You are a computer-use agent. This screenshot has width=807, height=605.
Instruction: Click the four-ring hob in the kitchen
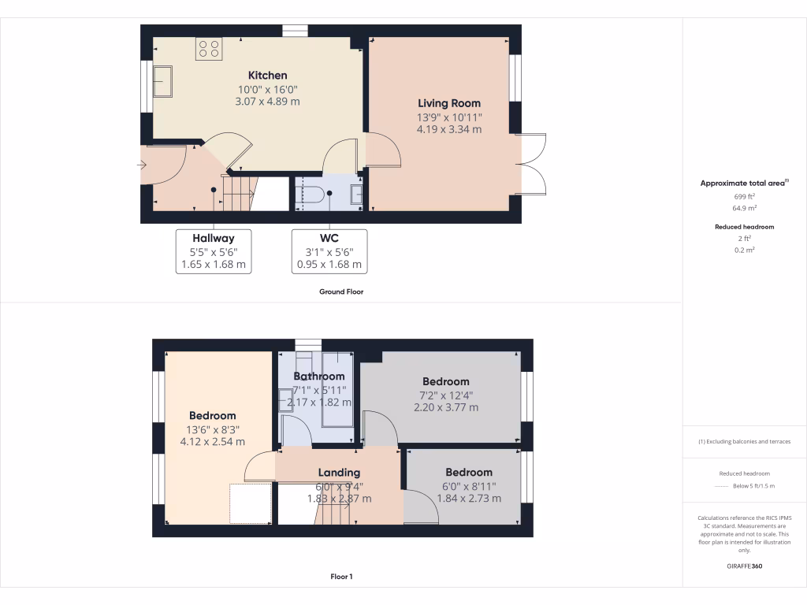[209, 49]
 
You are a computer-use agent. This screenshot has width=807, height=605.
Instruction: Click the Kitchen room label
[267, 76]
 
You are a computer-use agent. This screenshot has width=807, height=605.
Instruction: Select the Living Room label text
[449, 103]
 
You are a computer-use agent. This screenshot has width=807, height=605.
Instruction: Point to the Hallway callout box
[213, 251]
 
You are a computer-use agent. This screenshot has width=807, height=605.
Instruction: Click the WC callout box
[329, 251]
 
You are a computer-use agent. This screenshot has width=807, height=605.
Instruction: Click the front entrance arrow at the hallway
[142, 165]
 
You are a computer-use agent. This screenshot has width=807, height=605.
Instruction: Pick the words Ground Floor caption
[340, 291]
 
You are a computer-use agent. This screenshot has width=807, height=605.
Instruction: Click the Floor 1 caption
[341, 577]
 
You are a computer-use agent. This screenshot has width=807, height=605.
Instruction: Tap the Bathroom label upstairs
[319, 377]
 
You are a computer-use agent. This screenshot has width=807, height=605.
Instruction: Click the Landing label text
[339, 473]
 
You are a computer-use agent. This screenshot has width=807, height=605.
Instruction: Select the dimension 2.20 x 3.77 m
[445, 408]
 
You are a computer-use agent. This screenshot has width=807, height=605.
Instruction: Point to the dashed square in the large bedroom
[250, 503]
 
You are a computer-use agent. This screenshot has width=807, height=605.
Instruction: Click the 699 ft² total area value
[745, 195]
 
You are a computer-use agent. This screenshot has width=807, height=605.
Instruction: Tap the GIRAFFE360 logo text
[745, 566]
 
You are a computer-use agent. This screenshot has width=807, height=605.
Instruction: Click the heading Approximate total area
[744, 183]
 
